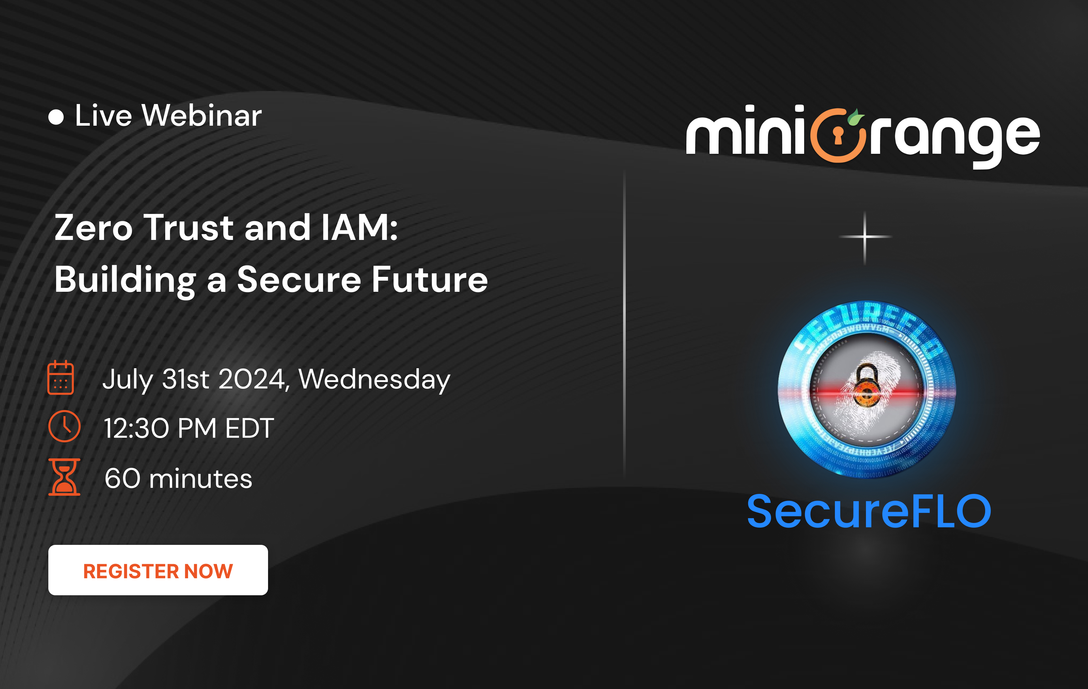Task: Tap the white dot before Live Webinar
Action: (x=56, y=117)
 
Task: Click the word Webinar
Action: (x=202, y=116)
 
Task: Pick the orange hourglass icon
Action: (x=64, y=477)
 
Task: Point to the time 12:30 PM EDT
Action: (x=188, y=428)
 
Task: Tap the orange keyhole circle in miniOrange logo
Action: (x=837, y=136)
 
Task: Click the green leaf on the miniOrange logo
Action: (x=855, y=118)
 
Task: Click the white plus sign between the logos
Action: (x=865, y=237)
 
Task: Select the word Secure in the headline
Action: (x=299, y=280)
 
